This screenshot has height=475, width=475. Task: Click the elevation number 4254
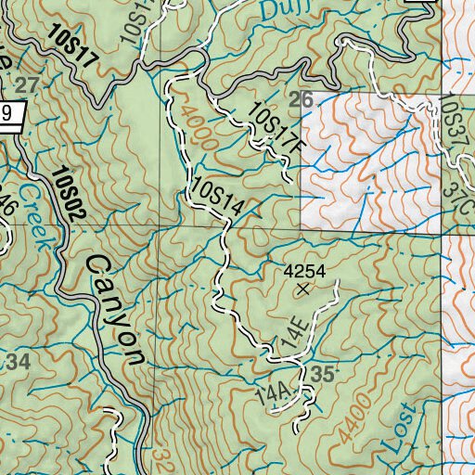tap(304, 271)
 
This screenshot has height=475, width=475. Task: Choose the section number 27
tap(27, 85)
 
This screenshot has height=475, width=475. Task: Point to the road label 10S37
tap(453, 119)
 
